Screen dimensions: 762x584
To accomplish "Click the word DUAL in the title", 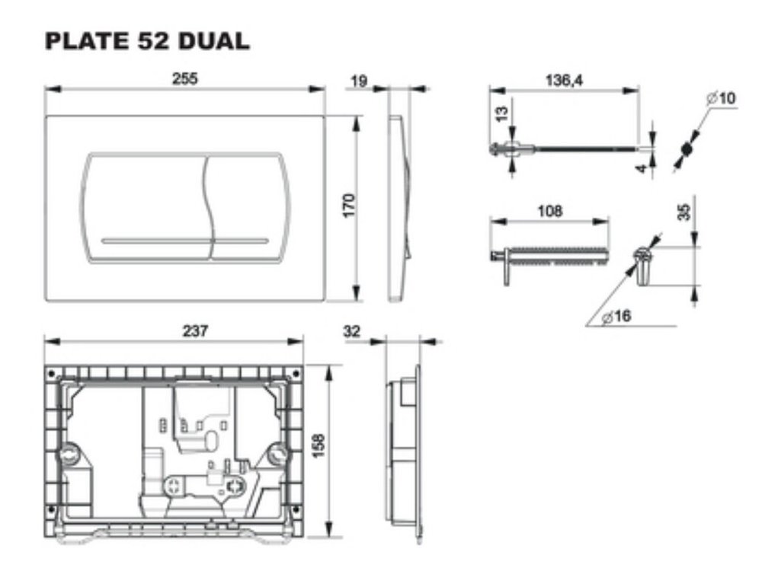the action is click(214, 41).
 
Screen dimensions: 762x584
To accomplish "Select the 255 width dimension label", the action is click(185, 78).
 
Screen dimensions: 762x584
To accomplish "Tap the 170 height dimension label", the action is click(350, 206).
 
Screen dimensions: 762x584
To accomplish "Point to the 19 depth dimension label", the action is click(359, 81).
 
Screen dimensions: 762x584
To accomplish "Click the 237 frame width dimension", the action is click(195, 331).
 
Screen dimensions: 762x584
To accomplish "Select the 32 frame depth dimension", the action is click(352, 331).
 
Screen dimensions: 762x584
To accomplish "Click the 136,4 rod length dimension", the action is click(564, 80).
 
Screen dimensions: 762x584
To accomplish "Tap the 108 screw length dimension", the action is click(550, 212).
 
